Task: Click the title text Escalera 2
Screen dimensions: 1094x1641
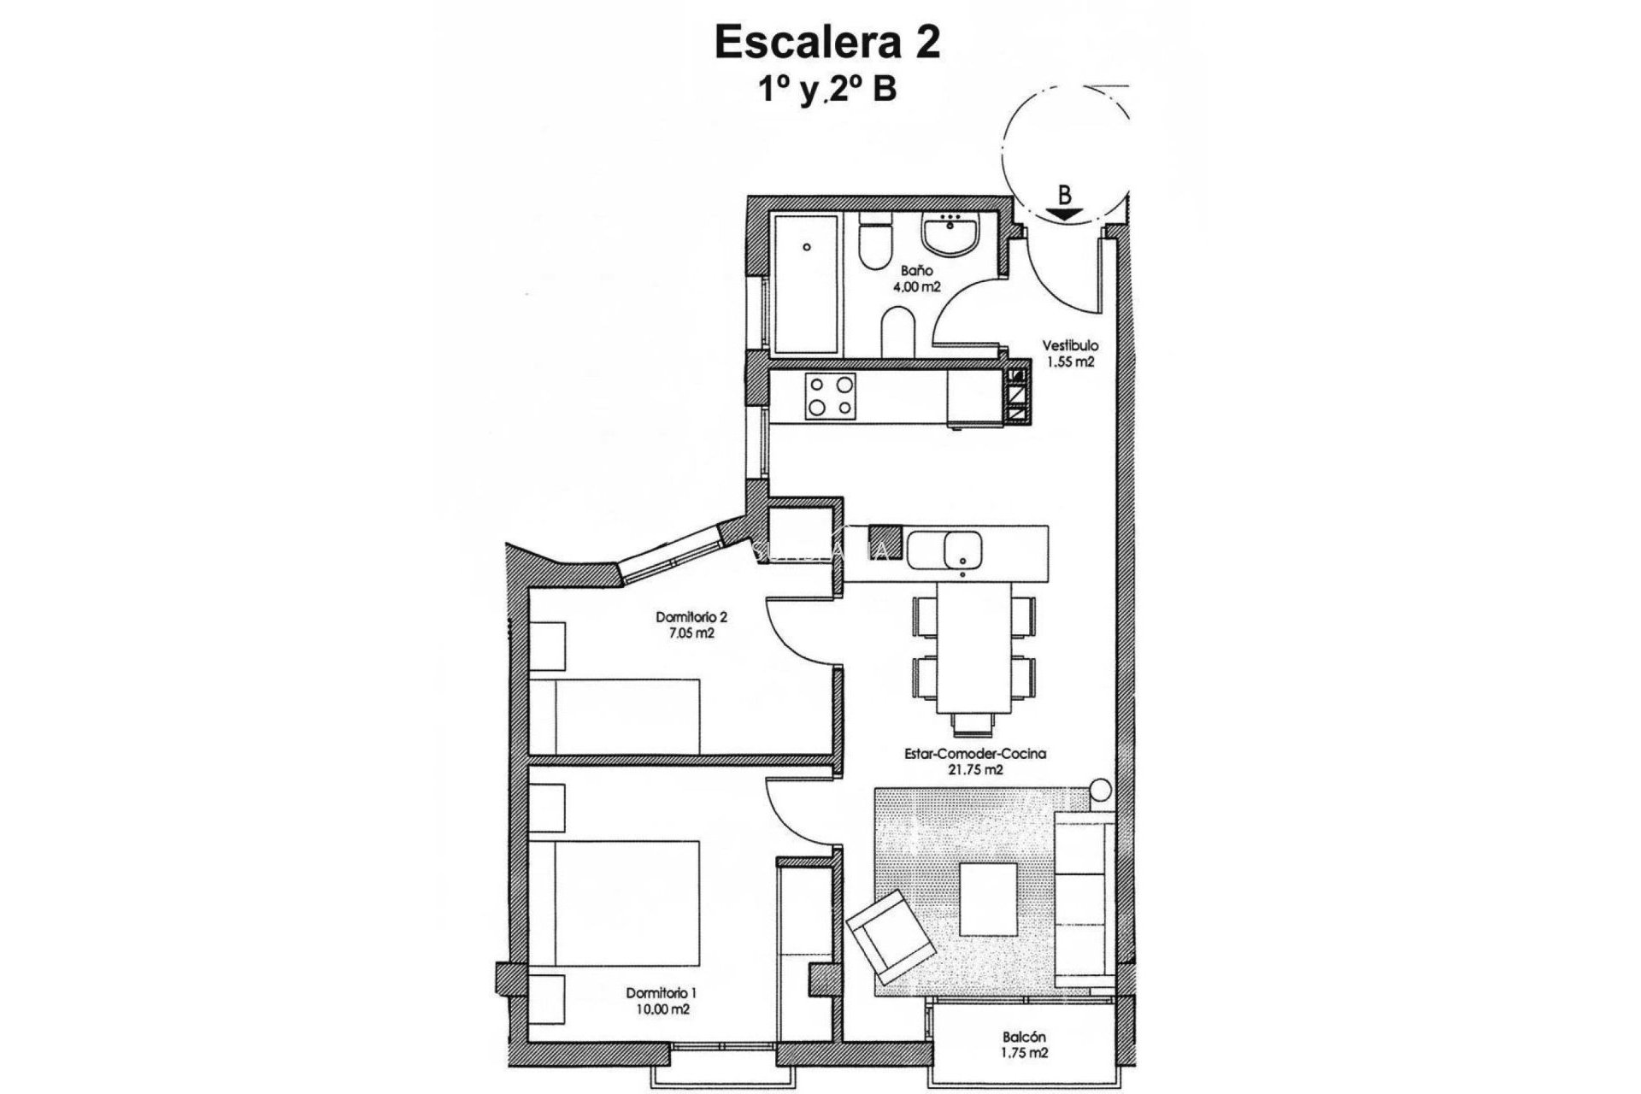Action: (826, 44)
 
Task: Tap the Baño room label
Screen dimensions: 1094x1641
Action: (898, 271)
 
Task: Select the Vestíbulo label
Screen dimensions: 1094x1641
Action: (1069, 346)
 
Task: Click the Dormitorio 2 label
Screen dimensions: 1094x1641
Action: (691, 616)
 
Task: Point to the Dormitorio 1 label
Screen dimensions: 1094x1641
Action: (662, 993)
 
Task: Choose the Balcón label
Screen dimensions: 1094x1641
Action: (1026, 1038)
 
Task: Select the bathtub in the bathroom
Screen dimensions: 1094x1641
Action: (806, 286)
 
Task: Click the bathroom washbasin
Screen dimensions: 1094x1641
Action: (950, 235)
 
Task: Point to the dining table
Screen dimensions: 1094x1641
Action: (974, 646)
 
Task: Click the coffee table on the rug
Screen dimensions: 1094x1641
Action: (989, 899)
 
